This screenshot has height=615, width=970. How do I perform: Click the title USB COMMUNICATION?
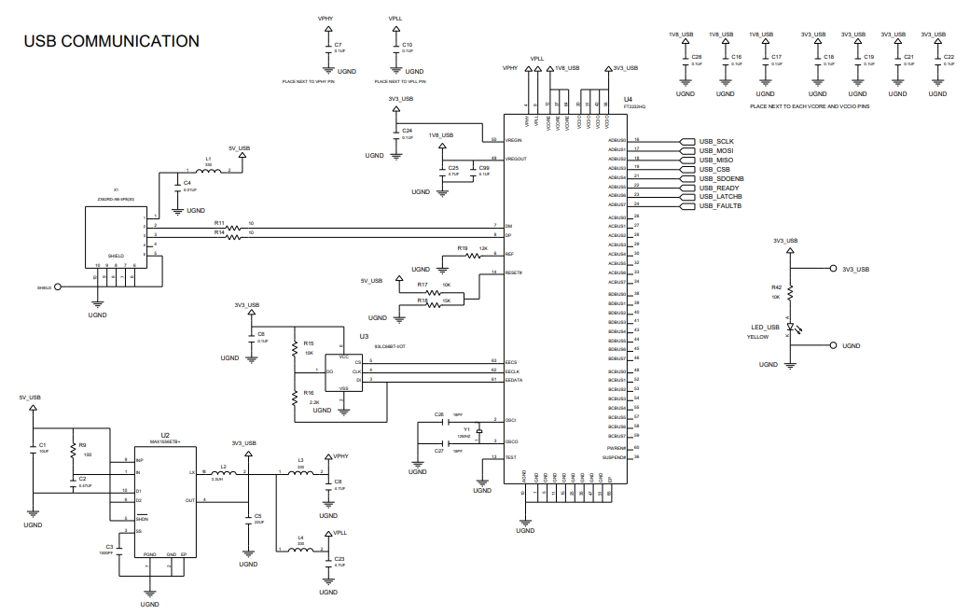(111, 41)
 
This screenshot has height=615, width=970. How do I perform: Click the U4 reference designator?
(628, 99)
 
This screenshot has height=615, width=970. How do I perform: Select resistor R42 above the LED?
(790, 292)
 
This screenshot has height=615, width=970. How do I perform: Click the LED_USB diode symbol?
(790, 328)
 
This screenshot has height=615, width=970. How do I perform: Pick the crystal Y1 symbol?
(478, 431)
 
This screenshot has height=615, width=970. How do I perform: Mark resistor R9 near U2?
(72, 445)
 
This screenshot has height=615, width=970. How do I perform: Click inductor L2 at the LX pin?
(224, 473)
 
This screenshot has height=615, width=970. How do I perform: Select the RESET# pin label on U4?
(513, 273)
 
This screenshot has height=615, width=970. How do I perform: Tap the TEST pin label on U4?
(510, 457)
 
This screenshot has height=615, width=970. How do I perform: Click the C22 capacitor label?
(949, 57)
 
